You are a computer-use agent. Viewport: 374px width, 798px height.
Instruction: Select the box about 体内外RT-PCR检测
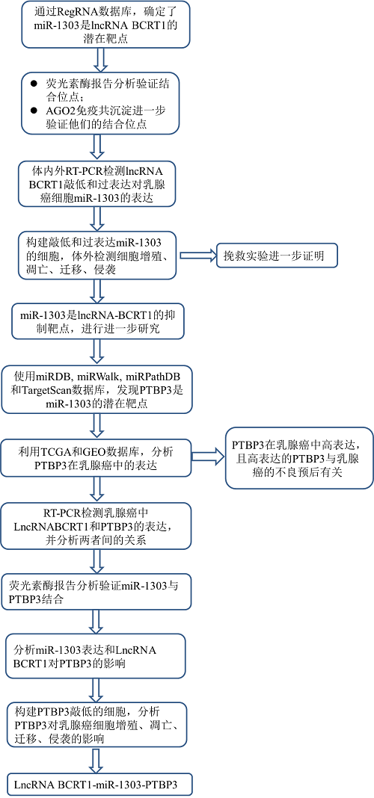[x=93, y=182]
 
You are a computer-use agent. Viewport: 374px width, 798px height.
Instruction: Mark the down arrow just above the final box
[x=95, y=759]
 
